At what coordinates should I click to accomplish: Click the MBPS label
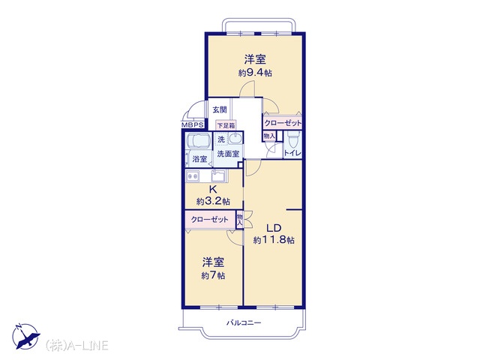click(193, 125)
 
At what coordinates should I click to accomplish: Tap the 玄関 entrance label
click(220, 109)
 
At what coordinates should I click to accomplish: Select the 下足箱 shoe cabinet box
click(226, 125)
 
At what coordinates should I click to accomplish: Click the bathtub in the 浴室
click(198, 142)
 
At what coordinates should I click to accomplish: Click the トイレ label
click(293, 153)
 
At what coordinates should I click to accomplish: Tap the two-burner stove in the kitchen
click(193, 176)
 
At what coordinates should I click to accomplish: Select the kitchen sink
click(218, 176)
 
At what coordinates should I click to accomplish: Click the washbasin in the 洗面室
click(235, 138)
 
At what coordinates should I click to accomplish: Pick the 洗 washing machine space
click(221, 139)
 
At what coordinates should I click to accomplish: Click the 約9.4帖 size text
click(255, 73)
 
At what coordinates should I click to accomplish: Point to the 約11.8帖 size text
click(274, 240)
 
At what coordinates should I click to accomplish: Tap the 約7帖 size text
click(213, 275)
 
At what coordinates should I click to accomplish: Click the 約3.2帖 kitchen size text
click(213, 202)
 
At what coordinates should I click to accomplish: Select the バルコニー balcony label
click(244, 322)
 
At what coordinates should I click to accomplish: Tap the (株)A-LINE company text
click(76, 345)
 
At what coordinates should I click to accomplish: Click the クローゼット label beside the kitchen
click(210, 220)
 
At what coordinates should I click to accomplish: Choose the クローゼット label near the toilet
click(283, 123)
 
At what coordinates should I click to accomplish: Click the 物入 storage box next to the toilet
click(269, 136)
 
